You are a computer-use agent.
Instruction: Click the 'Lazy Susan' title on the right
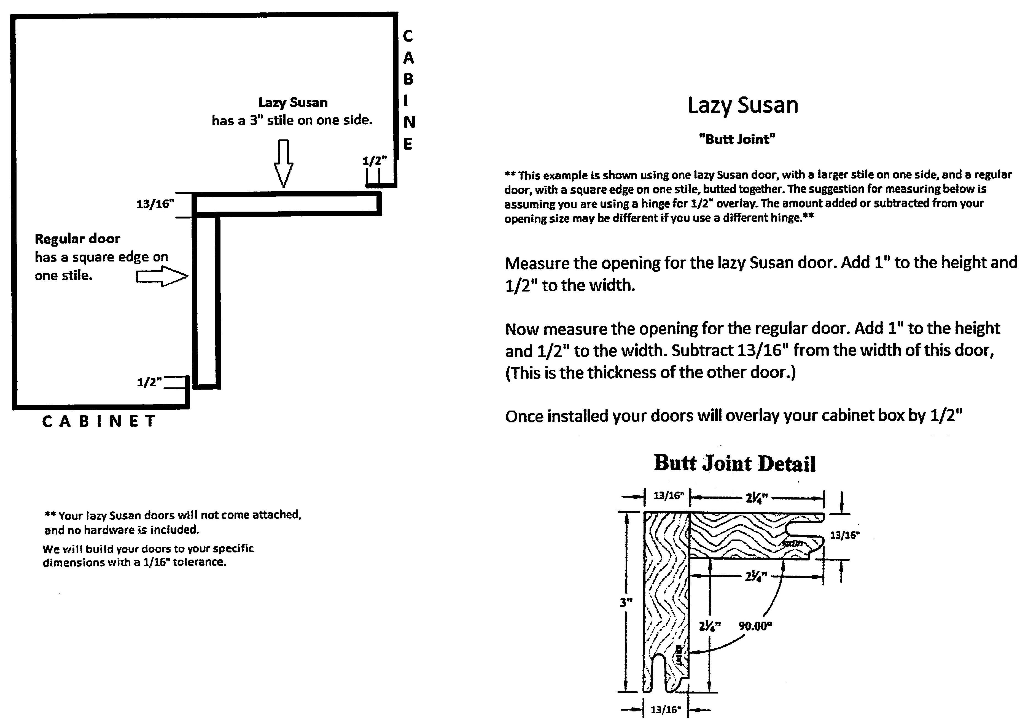(743, 106)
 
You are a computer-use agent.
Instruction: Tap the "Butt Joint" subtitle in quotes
(737, 139)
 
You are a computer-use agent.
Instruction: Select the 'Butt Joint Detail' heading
(734, 463)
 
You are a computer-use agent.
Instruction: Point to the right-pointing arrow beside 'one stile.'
(162, 276)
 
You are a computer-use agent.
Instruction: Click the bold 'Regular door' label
(77, 239)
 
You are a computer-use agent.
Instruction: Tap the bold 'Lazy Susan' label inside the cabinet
(293, 102)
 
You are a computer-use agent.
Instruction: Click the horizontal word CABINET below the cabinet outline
(99, 421)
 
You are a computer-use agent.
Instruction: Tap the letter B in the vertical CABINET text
(408, 79)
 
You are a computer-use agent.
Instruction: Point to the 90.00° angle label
(755, 626)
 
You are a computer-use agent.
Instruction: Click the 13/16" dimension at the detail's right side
(845, 535)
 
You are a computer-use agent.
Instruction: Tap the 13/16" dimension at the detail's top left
(668, 495)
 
